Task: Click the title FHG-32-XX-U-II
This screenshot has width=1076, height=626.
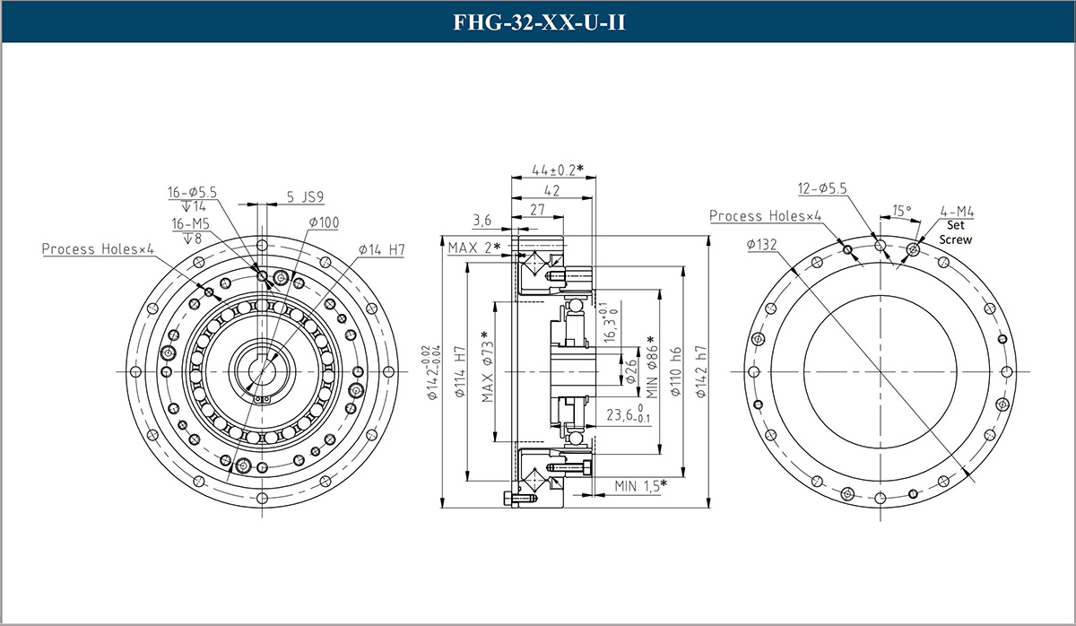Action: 538,22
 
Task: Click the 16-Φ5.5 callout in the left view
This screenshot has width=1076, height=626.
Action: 193,192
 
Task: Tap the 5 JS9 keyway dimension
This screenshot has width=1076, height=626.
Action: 306,196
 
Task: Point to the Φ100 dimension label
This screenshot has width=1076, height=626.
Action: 323,222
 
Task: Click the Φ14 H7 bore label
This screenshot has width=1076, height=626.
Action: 381,248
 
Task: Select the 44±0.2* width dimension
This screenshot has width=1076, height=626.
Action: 557,170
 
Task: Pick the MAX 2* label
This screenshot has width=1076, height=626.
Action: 473,247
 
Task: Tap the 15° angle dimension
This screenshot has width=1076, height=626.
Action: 901,211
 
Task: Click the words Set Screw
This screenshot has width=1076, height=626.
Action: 955,233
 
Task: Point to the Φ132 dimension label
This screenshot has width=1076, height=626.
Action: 761,244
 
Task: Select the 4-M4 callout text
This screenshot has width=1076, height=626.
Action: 957,213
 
